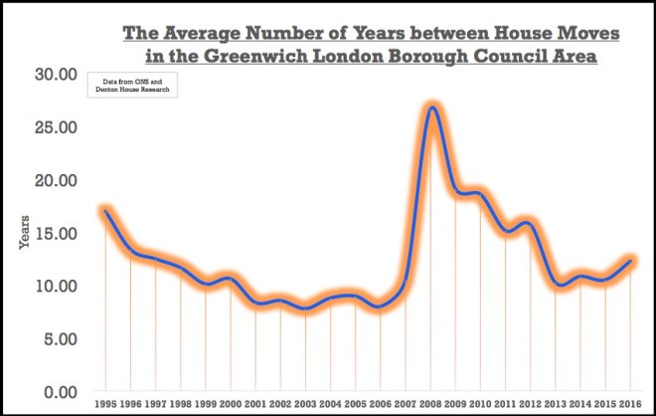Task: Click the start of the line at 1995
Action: tap(105, 211)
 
